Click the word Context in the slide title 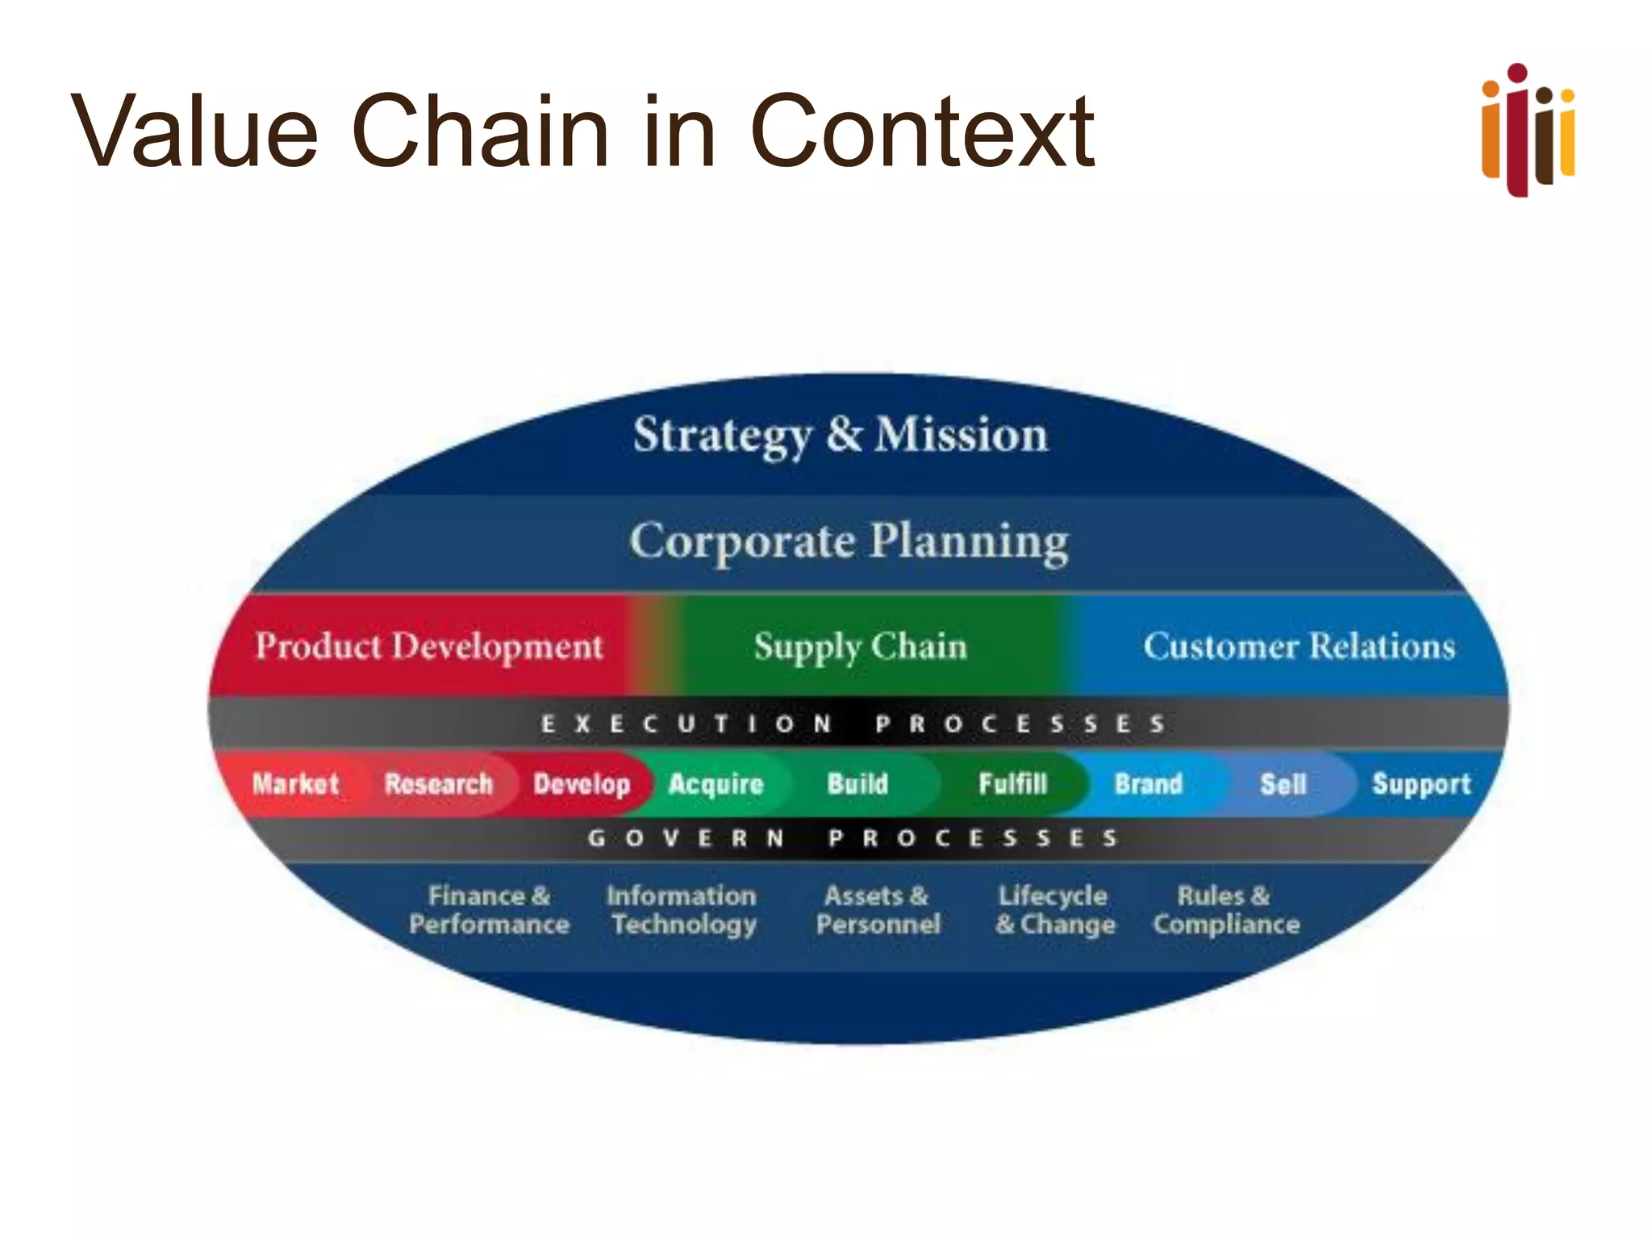(921, 131)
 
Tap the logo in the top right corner (1528, 130)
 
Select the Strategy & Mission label (841, 435)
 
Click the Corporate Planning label (849, 541)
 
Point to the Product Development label (429, 646)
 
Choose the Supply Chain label (860, 646)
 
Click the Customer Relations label (1299, 646)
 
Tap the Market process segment (295, 783)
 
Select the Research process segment (438, 783)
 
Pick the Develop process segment (582, 783)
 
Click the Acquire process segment (715, 783)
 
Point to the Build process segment (857, 783)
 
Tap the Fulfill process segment (1012, 783)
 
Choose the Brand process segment (1148, 783)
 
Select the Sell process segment (1283, 783)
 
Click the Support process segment (1421, 783)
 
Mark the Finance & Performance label (489, 910)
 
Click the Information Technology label (682, 910)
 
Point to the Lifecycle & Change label (1055, 910)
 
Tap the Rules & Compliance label (1226, 910)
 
